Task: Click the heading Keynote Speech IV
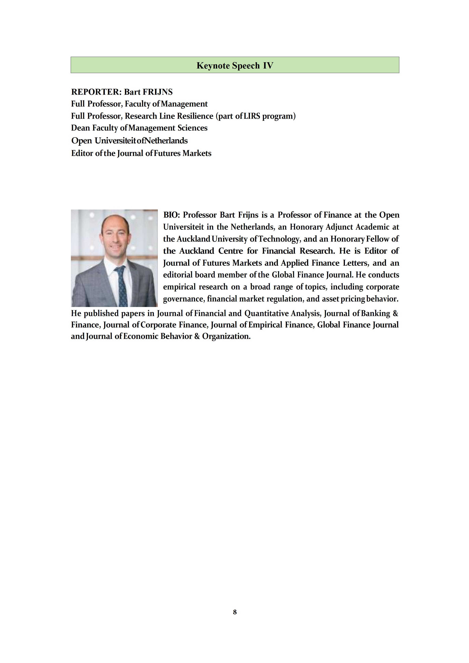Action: [x=235, y=66]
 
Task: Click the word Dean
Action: [x=80, y=128]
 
